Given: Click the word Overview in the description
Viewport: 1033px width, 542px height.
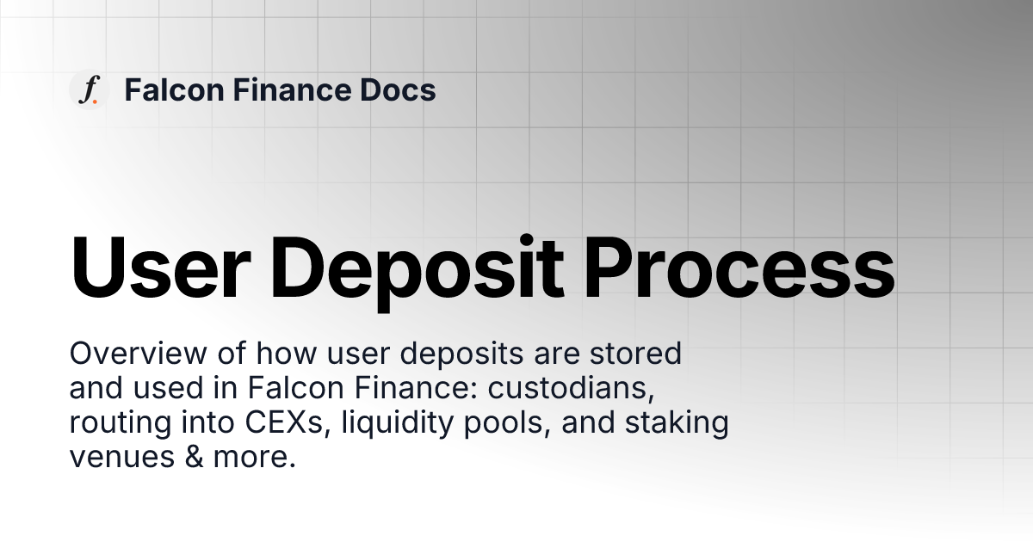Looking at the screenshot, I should pyautogui.click(x=124, y=354).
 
